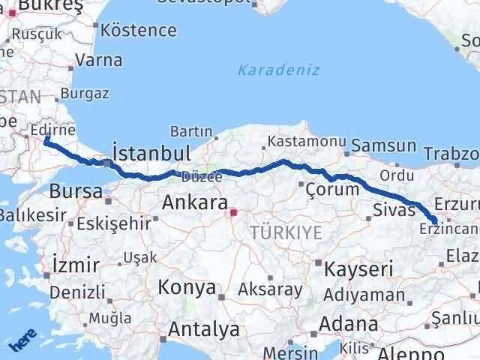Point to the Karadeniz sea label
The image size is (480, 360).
[x=278, y=70]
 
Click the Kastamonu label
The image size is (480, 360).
[x=307, y=141]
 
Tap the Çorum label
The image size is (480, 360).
[x=333, y=190]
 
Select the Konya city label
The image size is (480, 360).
[x=187, y=287]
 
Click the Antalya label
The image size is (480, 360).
[x=203, y=328]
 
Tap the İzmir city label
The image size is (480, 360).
[x=76, y=265]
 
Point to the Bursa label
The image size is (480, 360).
[x=76, y=191]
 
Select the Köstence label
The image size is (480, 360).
[x=139, y=31]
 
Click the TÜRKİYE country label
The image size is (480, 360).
[x=287, y=232]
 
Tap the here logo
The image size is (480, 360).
[x=22, y=341]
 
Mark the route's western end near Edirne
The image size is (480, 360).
[x=46, y=139]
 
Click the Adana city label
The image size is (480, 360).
[x=348, y=325]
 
